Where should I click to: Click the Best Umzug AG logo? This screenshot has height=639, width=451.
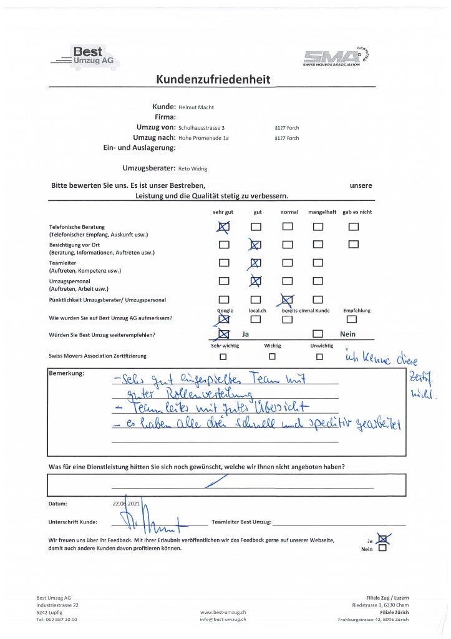coord(85,57)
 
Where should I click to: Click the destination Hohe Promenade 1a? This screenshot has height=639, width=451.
coord(203,138)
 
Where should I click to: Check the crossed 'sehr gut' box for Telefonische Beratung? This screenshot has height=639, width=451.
coord(225,227)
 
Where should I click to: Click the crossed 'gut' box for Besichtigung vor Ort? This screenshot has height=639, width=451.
coord(256,245)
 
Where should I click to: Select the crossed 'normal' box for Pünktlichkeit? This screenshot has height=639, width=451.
coord(287,300)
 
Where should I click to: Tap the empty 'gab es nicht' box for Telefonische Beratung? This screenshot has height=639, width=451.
coord(354,227)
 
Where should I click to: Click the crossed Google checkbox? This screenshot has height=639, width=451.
coord(225,319)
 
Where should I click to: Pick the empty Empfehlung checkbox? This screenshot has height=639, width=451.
coord(352,319)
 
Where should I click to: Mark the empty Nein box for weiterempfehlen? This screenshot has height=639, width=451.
coord(318,334)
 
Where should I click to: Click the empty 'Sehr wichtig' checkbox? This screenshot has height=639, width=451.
coord(223,357)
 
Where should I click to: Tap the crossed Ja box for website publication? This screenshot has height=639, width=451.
coord(382,539)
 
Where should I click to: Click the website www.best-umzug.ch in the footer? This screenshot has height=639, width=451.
coord(223,613)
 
